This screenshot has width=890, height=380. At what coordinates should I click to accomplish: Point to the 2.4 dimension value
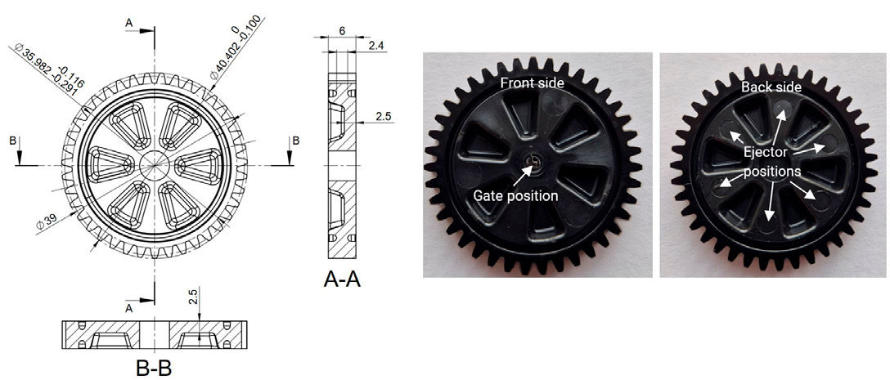point(376,47)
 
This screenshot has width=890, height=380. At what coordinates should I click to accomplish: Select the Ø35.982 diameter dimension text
point(41,72)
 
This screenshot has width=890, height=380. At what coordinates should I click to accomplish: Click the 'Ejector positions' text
point(771,163)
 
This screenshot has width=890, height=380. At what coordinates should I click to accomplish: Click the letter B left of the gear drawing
point(11,141)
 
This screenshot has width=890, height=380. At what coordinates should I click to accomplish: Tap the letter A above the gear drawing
point(128,25)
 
